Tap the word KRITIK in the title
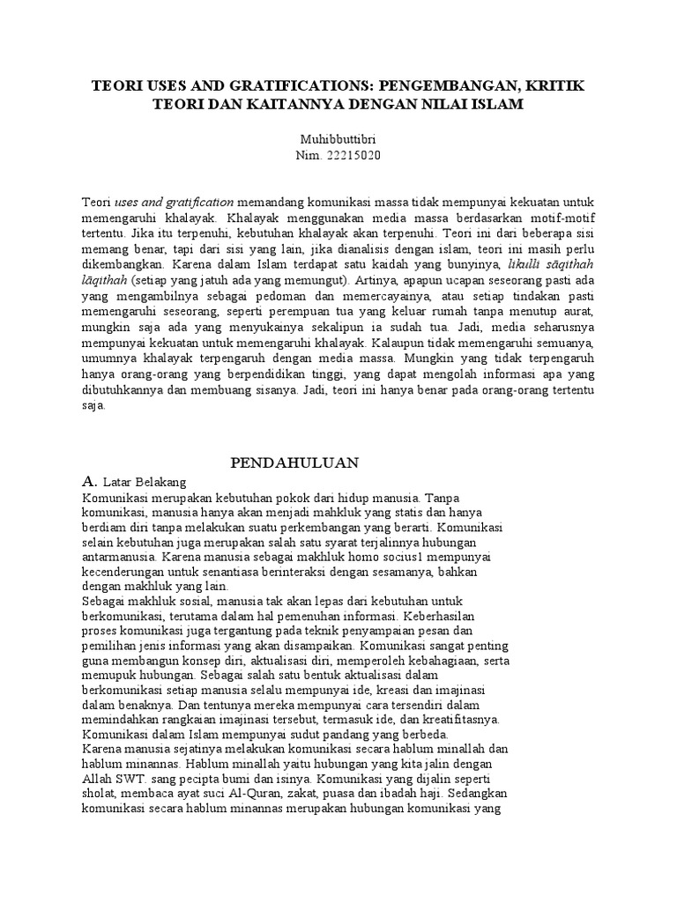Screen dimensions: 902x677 coord(551,86)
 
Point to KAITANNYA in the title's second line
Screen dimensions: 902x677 coord(285,104)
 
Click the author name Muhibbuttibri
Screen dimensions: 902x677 coord(338,139)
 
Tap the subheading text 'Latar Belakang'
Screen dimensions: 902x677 coord(145,482)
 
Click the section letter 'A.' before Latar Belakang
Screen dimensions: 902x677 coord(88,482)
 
